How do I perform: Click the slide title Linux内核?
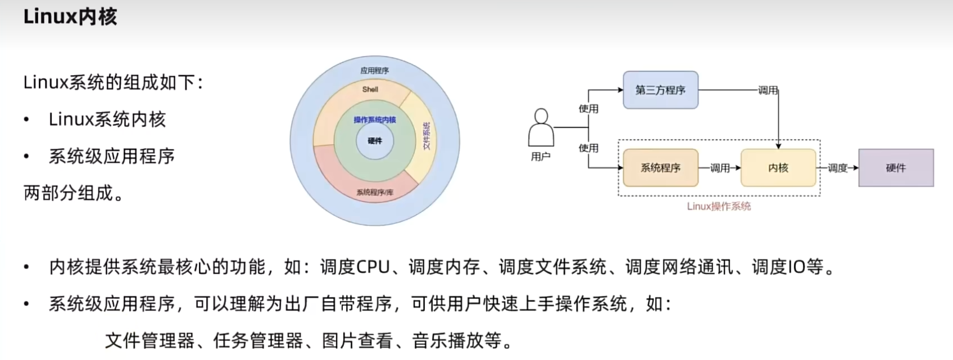coord(70,16)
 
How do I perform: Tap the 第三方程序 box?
coord(660,90)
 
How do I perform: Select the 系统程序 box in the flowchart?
coord(660,167)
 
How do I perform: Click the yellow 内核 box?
coord(778,167)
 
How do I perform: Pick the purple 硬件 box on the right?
coord(896,167)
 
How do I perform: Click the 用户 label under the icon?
coord(541,157)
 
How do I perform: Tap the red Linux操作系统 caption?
coord(719,206)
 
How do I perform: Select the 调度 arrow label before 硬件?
coord(837,167)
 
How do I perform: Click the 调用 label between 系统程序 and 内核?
coord(720,167)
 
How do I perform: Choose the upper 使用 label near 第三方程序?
coord(588,108)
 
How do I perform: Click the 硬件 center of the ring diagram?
coord(375,140)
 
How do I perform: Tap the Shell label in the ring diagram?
coord(370,89)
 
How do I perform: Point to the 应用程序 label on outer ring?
coord(374,71)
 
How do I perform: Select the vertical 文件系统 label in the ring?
coord(426,135)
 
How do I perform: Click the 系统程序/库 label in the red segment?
coord(375,192)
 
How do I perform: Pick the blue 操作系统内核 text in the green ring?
coord(375,120)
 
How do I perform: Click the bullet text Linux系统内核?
coord(107,119)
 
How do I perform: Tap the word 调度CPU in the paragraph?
coord(355,267)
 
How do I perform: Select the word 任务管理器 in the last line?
coord(258,340)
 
